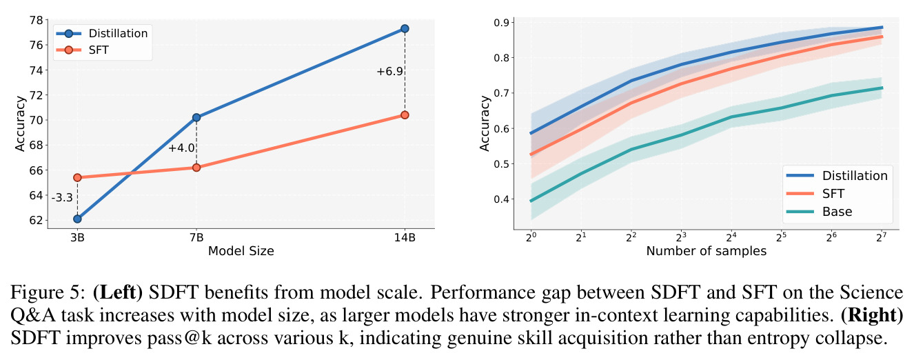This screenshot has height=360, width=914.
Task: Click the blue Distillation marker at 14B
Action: coord(405,28)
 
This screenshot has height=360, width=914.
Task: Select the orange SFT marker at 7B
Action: coord(196,168)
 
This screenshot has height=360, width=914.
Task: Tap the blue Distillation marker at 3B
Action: coord(77,219)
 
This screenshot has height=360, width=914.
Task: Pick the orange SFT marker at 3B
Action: coord(77,177)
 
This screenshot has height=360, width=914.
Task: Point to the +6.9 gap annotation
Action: coord(389,72)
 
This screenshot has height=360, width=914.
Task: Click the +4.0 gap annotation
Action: coord(181,148)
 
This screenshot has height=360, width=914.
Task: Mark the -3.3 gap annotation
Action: coord(62,198)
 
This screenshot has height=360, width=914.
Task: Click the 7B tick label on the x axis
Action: coord(196,237)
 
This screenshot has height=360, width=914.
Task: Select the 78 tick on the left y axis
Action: coord(37,20)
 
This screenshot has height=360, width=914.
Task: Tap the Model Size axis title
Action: coord(241,250)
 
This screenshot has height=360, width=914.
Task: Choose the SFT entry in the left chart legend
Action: coord(99,50)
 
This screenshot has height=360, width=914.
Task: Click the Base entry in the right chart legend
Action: coord(837,212)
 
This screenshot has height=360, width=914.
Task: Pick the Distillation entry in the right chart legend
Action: coord(855,175)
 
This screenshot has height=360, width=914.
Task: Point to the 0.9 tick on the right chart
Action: coord(502,23)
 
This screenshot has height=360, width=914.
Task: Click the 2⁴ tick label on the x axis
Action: coord(731,237)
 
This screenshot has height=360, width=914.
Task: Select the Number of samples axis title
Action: coord(707,250)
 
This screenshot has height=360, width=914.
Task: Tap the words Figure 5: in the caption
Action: coord(48,292)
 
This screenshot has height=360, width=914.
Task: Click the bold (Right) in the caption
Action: coord(872,315)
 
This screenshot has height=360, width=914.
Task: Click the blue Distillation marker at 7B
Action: coord(196,117)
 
